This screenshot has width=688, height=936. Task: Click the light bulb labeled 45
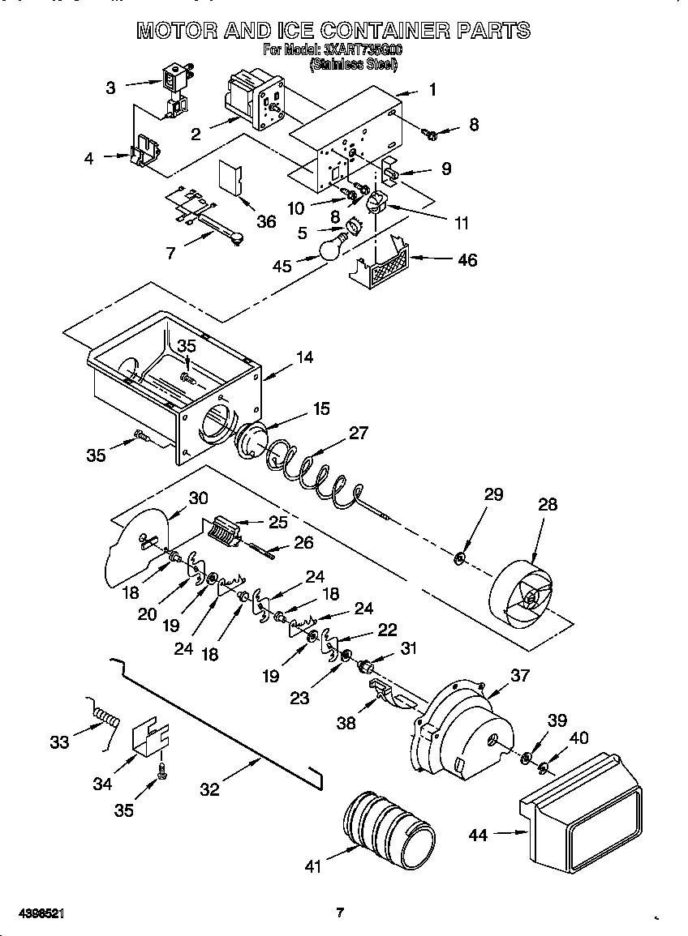pos(329,248)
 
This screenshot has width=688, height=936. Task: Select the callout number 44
pos(479,834)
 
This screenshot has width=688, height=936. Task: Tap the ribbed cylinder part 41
pos(388,827)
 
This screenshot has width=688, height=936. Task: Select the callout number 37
pos(519,673)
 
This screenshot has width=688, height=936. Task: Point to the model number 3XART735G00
pos(357,50)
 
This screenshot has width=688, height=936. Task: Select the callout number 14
pos(305,357)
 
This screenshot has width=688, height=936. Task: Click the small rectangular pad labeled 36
pos(230,178)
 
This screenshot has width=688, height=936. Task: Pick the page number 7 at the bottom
pos(341,913)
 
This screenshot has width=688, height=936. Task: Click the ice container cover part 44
pos(579,818)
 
